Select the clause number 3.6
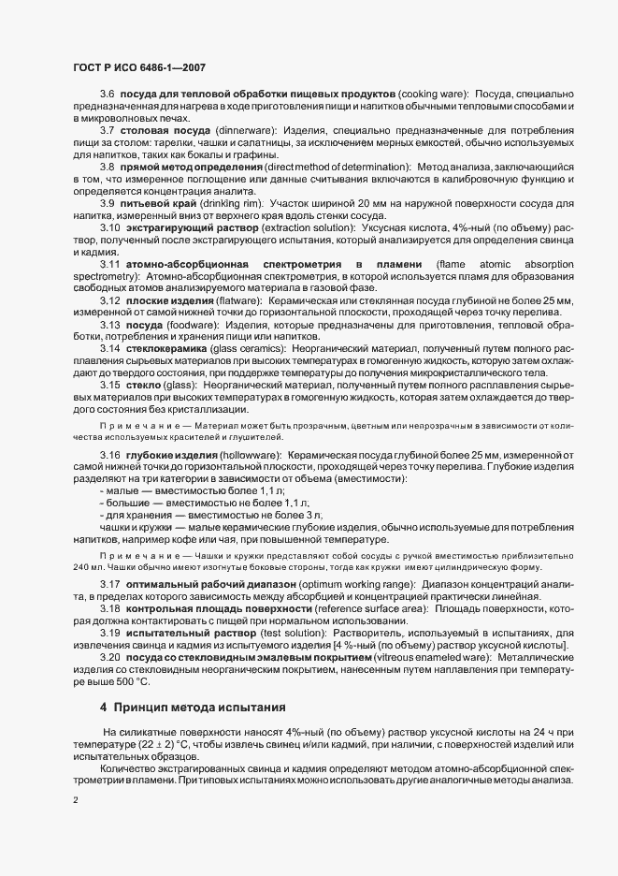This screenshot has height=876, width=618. click(107, 95)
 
